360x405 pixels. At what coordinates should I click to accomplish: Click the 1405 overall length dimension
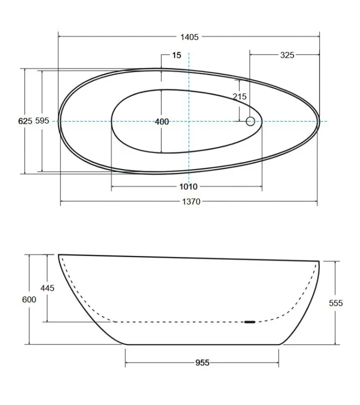189,37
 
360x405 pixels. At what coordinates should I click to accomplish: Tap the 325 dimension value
287,55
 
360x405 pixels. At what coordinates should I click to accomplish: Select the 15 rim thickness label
177,55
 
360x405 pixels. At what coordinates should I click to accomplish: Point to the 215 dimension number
239,97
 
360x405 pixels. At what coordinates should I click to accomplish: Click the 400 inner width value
162,122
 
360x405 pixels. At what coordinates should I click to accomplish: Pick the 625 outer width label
25,121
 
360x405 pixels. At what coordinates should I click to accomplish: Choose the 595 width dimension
42,120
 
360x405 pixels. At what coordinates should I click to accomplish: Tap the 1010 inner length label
189,186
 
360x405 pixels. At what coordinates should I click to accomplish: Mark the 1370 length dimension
191,201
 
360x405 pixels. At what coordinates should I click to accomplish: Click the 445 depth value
48,288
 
